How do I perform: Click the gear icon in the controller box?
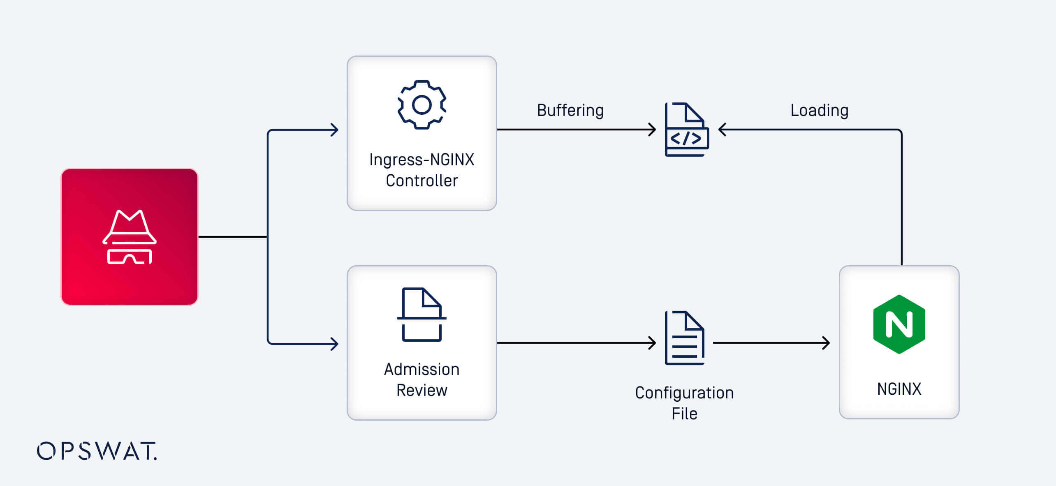pyautogui.click(x=421, y=105)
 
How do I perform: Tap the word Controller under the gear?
pyautogui.click(x=421, y=181)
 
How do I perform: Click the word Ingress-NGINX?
pyautogui.click(x=421, y=160)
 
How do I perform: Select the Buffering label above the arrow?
pyautogui.click(x=570, y=110)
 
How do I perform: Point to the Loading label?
pyautogui.click(x=819, y=110)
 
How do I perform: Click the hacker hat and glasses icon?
pyautogui.click(x=130, y=237)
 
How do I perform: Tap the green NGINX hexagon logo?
pyautogui.click(x=899, y=324)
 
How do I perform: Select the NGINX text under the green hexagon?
pyautogui.click(x=899, y=389)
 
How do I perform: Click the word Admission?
pyautogui.click(x=421, y=369)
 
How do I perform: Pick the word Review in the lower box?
pyautogui.click(x=421, y=390)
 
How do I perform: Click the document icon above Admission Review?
pyautogui.click(x=421, y=315)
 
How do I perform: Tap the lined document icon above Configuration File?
pyautogui.click(x=685, y=338)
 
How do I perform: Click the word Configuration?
pyautogui.click(x=684, y=393)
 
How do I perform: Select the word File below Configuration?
pyautogui.click(x=684, y=414)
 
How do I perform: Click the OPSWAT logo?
pyautogui.click(x=97, y=451)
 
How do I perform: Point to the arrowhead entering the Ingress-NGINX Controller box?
pyautogui.click(x=335, y=130)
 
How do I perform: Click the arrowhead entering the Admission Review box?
pyautogui.click(x=335, y=344)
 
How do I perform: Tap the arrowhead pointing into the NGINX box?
pyautogui.click(x=826, y=343)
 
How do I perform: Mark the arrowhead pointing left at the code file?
pyautogui.click(x=722, y=130)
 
